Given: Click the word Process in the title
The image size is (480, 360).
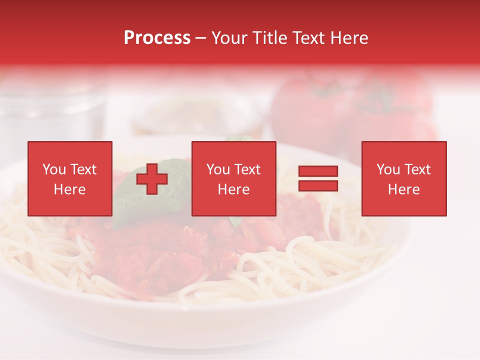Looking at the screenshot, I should point(157,38).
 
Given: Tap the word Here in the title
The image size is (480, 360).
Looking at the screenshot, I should point(348,38).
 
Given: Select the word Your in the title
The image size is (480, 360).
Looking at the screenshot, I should point(228,38).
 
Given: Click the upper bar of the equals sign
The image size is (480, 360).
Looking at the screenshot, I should point(318,171).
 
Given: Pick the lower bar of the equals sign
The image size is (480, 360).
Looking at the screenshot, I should point(318,186).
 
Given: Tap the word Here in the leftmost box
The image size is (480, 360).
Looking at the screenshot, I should point(69,189).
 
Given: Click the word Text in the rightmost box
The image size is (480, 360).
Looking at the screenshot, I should point(417,169).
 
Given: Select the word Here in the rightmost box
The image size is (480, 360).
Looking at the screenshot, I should point(403,189).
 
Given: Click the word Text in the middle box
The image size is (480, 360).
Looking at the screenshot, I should point(247,169).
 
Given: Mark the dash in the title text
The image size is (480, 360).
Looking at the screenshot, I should point(201,38).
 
